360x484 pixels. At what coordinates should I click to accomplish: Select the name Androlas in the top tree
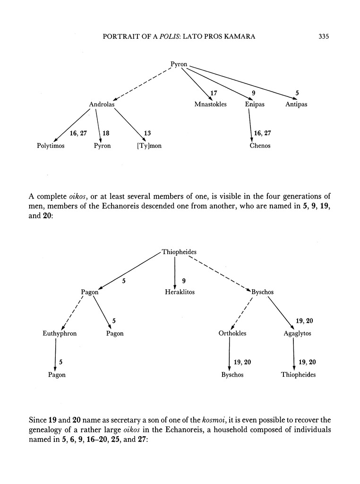pos(102,104)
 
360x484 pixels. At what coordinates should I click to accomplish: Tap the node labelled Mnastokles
pos(210,104)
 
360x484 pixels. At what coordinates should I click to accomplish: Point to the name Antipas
pos(296,104)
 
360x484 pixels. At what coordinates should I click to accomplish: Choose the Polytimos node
pos(51,146)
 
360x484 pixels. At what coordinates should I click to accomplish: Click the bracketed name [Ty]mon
pos(149,146)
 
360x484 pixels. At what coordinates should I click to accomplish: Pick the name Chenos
pos(260,146)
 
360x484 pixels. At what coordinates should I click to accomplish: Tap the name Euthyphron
pos(60,333)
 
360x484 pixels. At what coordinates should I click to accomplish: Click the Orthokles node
pos(232,333)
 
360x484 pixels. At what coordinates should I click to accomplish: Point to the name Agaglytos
pos(297,333)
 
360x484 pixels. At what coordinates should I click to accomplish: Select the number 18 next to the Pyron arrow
pos(106,134)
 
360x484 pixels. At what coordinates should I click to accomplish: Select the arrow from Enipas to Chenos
pos(250,125)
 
